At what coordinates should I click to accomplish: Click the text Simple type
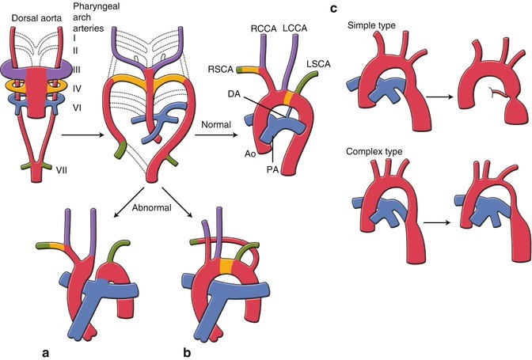tap(374, 27)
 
